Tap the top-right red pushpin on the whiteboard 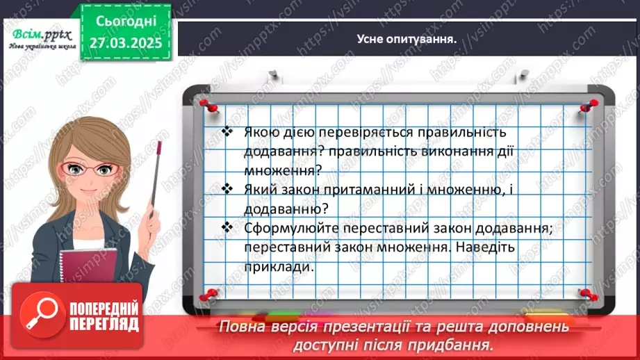[591, 105]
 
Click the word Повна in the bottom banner [240, 327]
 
